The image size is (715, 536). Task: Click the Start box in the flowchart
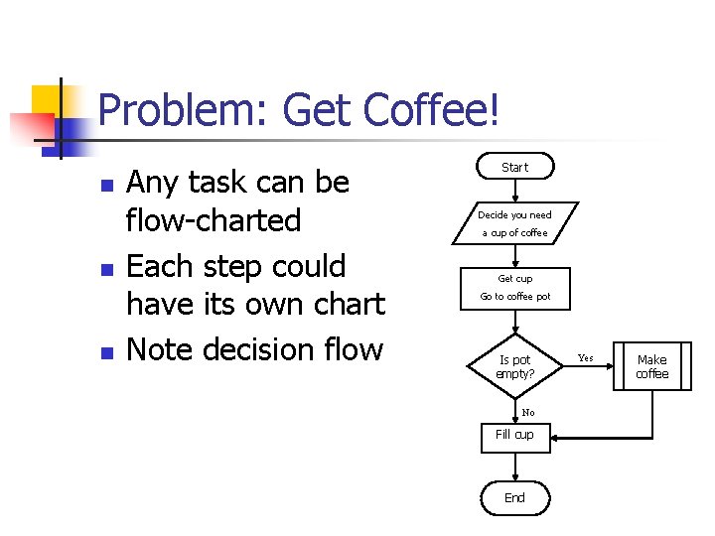coord(514,167)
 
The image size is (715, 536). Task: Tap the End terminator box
coord(514,497)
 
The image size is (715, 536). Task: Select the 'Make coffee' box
coord(651,367)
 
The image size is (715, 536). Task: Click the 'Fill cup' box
coord(514,434)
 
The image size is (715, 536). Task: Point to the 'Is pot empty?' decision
coord(514,367)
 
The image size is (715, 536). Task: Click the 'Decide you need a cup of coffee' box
coord(514,223)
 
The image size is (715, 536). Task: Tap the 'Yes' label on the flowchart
coord(586,357)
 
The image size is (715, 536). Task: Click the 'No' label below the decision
coord(527,412)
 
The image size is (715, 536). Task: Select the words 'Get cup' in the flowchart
coord(514,279)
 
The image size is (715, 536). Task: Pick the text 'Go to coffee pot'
coord(514,297)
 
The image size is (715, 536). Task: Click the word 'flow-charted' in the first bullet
coord(214,220)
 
